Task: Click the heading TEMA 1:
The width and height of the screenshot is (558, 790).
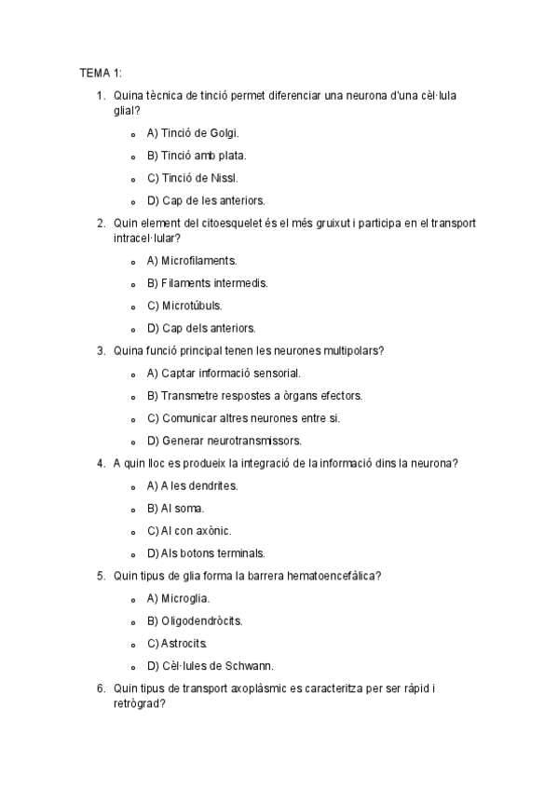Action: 101,73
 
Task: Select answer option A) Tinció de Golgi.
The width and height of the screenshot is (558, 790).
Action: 193,133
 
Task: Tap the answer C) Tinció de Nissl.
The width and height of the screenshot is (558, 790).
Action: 192,178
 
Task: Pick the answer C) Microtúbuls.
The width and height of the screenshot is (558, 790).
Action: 184,306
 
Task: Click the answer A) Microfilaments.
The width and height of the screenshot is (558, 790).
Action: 192,261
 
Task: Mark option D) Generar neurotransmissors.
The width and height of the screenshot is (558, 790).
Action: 225,441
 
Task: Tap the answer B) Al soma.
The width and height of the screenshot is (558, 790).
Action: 175,508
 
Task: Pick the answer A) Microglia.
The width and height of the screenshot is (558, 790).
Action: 178,598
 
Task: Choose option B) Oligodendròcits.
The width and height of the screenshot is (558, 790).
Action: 195,620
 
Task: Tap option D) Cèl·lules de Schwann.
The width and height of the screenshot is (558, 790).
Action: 210,665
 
